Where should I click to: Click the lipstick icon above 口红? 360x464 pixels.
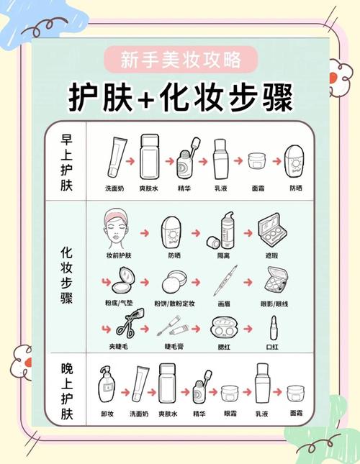[x=272, y=327]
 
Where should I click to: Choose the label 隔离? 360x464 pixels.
[x=223, y=255]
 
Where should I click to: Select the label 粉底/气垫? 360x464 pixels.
[x=119, y=303]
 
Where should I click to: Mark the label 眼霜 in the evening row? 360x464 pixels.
[x=230, y=414]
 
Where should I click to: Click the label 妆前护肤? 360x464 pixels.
[x=119, y=255]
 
